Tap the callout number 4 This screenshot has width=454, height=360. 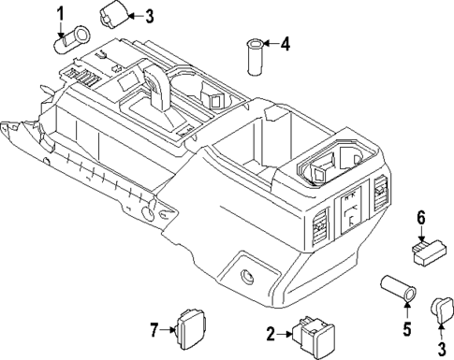click(286, 43)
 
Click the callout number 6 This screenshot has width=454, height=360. click(421, 218)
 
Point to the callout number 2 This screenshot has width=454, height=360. click(271, 334)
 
